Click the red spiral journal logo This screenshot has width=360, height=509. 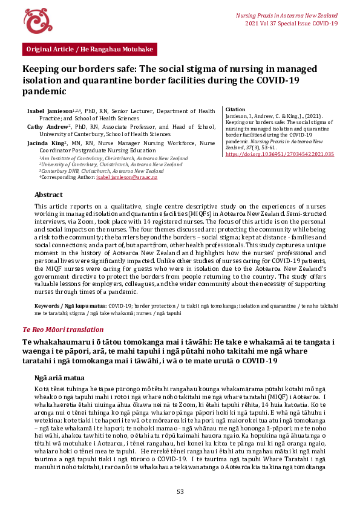[x=34, y=21]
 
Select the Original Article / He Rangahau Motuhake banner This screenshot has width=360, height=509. [x=89, y=49]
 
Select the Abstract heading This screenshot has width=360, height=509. [x=48, y=195]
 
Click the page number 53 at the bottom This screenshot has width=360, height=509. [x=180, y=491]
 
